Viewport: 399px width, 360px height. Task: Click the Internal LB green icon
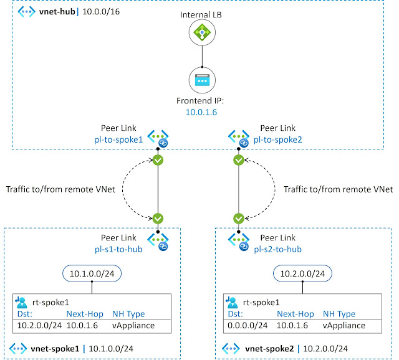coord(202,32)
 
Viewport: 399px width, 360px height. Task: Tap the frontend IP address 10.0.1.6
coord(201,112)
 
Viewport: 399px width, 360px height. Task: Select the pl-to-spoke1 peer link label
coord(118,140)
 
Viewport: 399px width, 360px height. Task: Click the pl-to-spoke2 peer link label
coord(277,140)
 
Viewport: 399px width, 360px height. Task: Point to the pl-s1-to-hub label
coord(118,249)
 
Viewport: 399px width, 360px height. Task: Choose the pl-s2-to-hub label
coord(277,249)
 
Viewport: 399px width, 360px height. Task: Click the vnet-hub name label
coord(57,11)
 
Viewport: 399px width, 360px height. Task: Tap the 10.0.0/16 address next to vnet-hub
coord(101,11)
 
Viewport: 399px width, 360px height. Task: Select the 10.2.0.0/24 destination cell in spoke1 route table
coord(39,325)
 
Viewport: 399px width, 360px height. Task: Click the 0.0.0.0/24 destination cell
coord(248,325)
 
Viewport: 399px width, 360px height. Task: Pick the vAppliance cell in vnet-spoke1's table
coord(133,325)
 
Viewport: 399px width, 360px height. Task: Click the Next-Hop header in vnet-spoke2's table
coord(295,314)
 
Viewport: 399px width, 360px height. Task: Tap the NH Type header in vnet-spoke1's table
coord(128,314)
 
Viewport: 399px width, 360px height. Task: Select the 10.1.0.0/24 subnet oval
coord(92,273)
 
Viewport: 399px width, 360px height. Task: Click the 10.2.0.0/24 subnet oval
coord(302,273)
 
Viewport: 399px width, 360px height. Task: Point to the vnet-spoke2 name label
coord(269,349)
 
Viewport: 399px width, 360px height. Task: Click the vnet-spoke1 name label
coord(55,349)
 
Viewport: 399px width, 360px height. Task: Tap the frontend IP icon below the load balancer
coord(202,80)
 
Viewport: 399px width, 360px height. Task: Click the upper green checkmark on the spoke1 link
coord(158,160)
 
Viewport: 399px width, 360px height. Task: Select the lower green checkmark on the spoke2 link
coord(238,219)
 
